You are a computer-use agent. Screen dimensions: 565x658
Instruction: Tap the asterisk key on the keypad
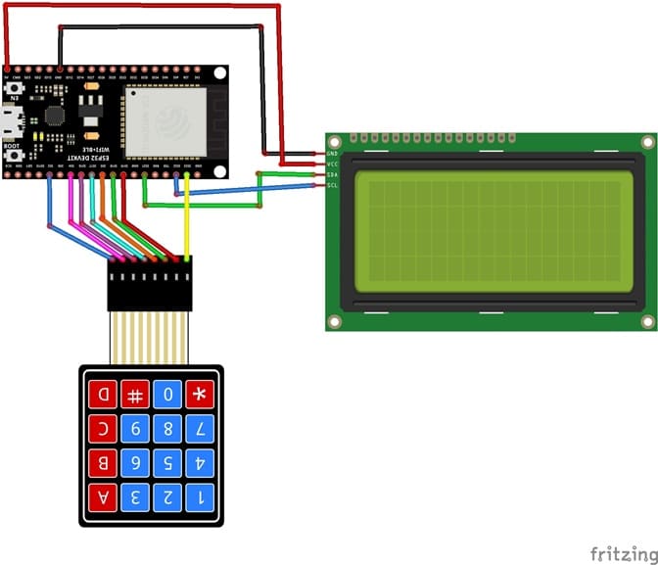click(x=201, y=396)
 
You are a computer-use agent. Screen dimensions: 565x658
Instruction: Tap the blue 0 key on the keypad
click(x=167, y=396)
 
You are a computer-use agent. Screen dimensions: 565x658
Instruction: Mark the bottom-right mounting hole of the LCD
click(x=647, y=321)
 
